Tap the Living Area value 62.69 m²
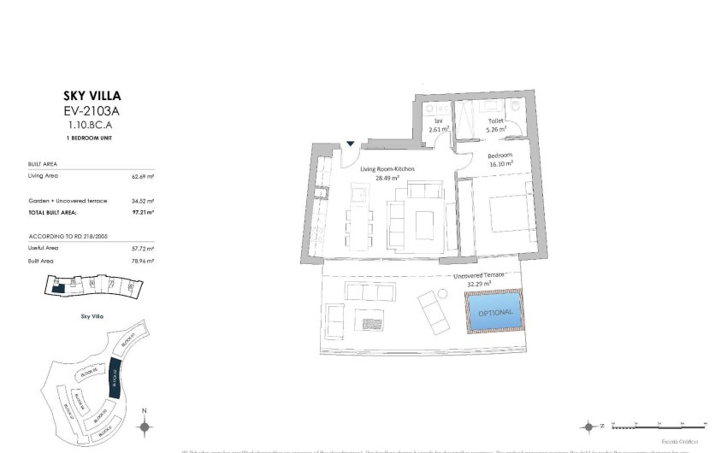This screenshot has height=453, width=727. [x=143, y=177]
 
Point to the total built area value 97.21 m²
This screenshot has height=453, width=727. [x=143, y=210]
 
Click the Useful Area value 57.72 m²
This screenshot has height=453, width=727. [x=143, y=248]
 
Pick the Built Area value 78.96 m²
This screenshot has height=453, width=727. [x=143, y=260]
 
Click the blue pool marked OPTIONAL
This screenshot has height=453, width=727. [x=495, y=312]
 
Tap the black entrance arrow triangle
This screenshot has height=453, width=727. [x=351, y=144]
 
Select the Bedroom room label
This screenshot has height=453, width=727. [x=500, y=156]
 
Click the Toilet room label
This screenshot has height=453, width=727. [x=495, y=121]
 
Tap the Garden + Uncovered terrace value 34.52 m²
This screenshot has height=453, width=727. [x=143, y=200]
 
